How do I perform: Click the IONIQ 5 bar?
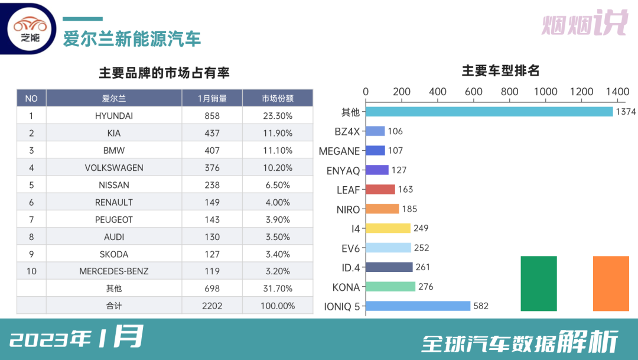point(418,306)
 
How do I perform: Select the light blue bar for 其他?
point(489,112)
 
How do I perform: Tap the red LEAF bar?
point(380,189)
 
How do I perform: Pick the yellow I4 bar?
point(388,228)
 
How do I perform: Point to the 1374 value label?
point(625,112)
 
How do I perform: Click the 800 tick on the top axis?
point(474,92)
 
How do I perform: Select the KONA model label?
point(346,287)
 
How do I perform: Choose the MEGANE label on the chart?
point(339,151)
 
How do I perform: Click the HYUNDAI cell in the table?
point(114,116)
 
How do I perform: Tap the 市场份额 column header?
point(278,98)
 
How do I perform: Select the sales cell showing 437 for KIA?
point(212,133)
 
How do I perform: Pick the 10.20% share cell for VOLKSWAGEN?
point(278,168)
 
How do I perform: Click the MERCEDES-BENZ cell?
point(114,271)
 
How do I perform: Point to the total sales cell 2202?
point(212,306)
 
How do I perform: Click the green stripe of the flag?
point(539,283)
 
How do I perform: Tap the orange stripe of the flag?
point(611,283)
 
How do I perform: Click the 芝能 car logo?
point(30,28)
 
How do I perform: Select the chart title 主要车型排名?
point(500,72)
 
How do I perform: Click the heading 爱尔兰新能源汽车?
point(132,38)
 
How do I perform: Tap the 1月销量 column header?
point(212,98)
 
